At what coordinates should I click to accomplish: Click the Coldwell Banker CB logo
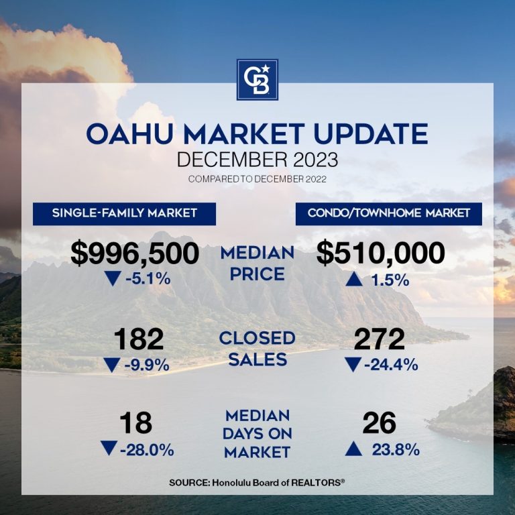[257, 79]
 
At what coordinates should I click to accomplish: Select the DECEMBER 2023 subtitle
[257, 161]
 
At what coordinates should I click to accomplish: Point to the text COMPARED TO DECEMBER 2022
[257, 179]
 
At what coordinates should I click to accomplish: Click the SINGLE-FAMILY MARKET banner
[125, 213]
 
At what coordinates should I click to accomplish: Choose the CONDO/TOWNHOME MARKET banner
[389, 213]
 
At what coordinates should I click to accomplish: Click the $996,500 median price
[135, 254]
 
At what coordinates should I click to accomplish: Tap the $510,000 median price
[381, 254]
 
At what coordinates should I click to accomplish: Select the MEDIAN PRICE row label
[257, 264]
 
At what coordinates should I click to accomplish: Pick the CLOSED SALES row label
[257, 348]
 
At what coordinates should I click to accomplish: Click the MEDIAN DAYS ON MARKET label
[257, 434]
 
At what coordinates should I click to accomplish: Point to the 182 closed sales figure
[139, 340]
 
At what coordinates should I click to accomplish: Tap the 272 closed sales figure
[380, 340]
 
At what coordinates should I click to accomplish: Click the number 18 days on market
[136, 424]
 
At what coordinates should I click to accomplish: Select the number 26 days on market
[380, 424]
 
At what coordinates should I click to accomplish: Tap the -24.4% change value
[392, 365]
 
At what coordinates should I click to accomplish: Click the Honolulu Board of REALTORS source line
[257, 482]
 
